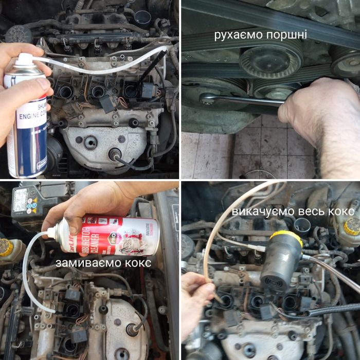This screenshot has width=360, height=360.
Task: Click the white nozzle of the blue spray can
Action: pos(23,58)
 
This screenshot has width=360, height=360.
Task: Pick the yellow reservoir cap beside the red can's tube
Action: pos(6,247)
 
